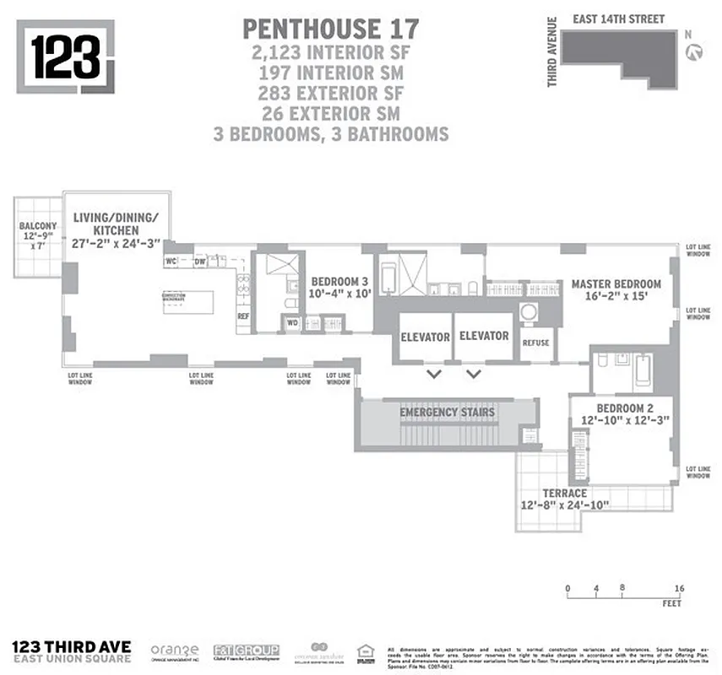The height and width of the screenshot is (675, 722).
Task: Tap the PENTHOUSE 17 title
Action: pos(329,29)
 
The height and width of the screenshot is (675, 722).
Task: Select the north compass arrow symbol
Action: pos(696,52)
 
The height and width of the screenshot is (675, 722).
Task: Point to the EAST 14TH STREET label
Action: pos(618,19)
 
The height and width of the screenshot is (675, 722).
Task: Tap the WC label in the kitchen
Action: pos(171,262)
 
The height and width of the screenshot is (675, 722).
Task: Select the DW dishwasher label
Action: pos(199,262)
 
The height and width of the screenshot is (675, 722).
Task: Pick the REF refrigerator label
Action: pos(243,316)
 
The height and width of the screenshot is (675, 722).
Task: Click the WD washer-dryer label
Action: pos(292,322)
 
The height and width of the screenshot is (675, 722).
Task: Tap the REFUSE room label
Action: pos(536,343)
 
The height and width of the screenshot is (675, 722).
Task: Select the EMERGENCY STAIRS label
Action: pos(447,412)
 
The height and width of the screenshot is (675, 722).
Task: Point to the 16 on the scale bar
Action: pos(678,588)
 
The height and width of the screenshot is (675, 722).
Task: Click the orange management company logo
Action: pos(175,651)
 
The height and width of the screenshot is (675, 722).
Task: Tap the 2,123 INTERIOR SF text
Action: pos(329,52)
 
